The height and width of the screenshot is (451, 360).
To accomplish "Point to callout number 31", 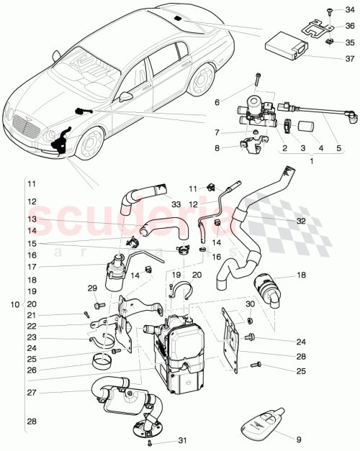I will coord(182,442).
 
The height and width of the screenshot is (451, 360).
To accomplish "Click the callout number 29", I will coord(91,288).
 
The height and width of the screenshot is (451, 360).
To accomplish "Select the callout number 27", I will coord(32,393).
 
